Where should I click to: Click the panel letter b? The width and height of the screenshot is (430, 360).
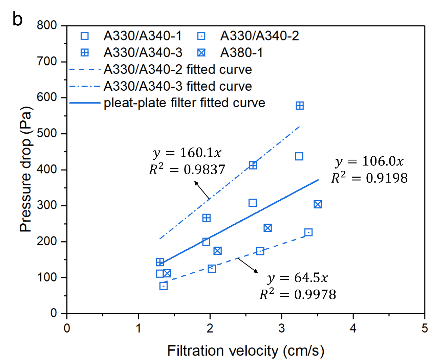17,19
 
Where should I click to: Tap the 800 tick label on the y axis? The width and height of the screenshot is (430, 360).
47,26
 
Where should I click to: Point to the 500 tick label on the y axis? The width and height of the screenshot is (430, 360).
47,134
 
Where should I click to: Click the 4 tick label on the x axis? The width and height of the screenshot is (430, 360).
353,328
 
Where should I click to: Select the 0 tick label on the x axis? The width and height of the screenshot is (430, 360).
67,328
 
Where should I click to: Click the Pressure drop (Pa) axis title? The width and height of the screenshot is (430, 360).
26,169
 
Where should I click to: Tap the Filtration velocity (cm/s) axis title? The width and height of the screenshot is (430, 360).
245,351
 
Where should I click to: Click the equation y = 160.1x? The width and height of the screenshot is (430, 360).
187,153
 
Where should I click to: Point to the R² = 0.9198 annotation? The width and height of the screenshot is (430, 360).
369,178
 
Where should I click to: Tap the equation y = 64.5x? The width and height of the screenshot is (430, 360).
298,278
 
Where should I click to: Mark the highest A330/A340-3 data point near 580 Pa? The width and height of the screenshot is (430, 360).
300,106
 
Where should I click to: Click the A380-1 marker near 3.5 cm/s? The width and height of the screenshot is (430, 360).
318,204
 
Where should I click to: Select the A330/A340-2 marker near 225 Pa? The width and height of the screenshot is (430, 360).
308,232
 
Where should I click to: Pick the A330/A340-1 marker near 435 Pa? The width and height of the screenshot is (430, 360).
299,156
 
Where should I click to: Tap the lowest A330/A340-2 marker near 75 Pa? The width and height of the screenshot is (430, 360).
164,286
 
